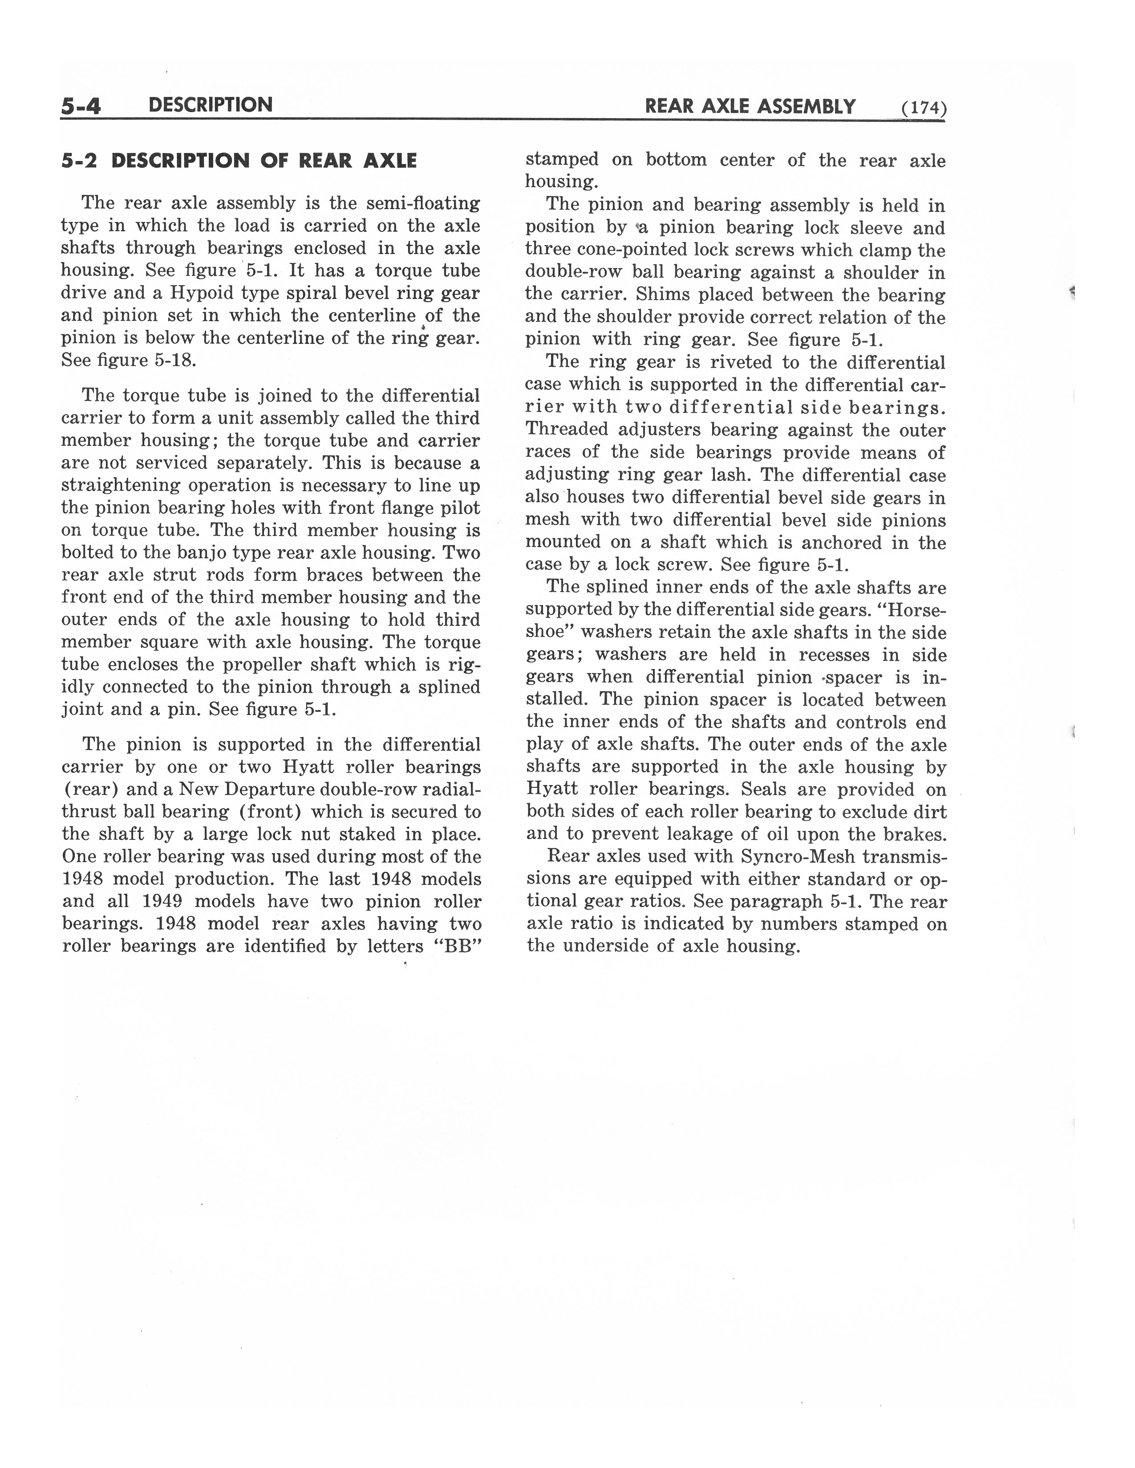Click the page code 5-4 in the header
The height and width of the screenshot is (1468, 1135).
pos(80,106)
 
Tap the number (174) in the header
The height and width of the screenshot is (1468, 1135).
pos(924,108)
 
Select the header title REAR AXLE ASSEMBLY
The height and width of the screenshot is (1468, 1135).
pos(750,106)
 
